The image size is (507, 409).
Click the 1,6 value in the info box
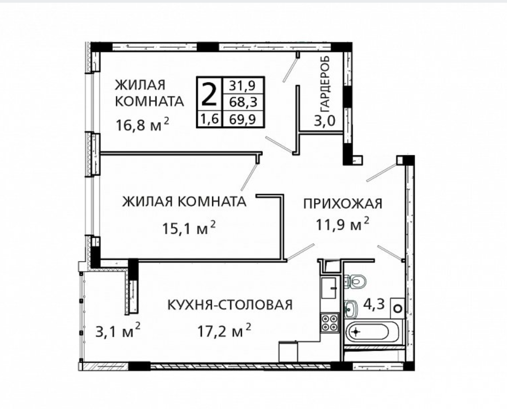tap(208, 119)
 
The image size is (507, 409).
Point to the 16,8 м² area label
tap(142, 125)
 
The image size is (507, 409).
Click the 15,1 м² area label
tap(189, 228)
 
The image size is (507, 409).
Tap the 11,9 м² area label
tap(342, 225)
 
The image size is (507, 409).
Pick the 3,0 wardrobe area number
tap(324, 120)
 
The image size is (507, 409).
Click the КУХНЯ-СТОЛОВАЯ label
tap(230, 305)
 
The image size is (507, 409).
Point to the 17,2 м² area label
tap(224, 333)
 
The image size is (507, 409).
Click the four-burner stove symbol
tap(330, 322)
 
